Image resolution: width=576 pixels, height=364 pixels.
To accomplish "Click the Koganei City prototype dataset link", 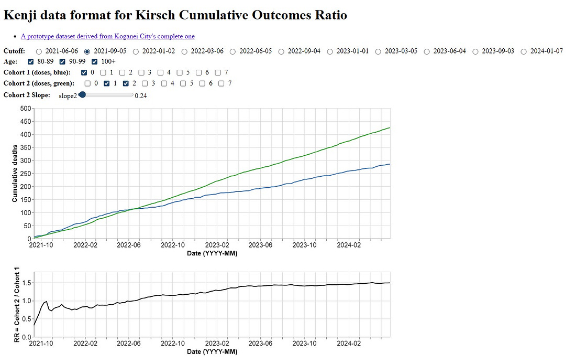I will tap(107, 36).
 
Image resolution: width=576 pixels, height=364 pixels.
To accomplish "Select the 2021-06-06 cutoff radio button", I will tap(39, 51).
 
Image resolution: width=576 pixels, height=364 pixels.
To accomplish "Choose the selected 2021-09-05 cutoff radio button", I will tap(87, 51).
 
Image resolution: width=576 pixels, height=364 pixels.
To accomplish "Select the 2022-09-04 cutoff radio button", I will tap(282, 51).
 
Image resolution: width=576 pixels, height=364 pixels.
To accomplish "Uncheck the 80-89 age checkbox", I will tap(30, 62).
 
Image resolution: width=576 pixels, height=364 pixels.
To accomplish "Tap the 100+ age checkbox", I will tap(95, 62).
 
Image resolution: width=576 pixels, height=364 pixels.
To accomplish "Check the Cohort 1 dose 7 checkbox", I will tap(218, 72).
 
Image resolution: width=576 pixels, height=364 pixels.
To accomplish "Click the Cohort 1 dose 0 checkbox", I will tap(84, 72).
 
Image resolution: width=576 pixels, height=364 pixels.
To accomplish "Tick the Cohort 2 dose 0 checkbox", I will tap(88, 83).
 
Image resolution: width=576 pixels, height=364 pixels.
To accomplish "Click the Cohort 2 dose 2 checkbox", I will tap(126, 83).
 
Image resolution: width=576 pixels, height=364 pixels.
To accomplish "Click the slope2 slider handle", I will tap(82, 95).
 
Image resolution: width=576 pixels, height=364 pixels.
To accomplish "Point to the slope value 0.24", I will tap(140, 95).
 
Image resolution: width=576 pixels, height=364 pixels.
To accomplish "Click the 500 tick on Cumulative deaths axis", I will tap(25, 109).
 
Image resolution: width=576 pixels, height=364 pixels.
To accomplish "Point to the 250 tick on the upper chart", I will tap(25, 174).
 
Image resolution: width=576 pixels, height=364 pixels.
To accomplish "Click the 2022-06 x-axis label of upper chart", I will tap(129, 245).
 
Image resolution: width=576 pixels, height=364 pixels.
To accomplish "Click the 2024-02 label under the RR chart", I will tap(349, 344).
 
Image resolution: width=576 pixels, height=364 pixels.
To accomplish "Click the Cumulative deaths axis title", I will tap(15, 174).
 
